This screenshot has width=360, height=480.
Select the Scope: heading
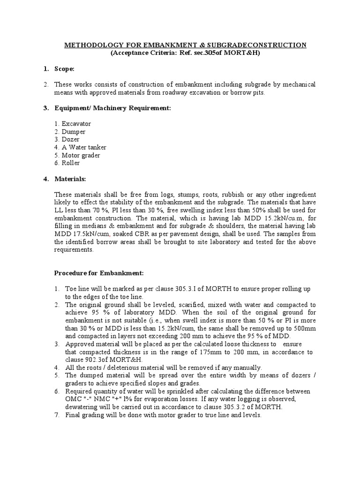[x=64, y=69]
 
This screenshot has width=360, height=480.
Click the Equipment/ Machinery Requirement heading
[x=112, y=108]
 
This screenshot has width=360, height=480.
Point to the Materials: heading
[x=71, y=179]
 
